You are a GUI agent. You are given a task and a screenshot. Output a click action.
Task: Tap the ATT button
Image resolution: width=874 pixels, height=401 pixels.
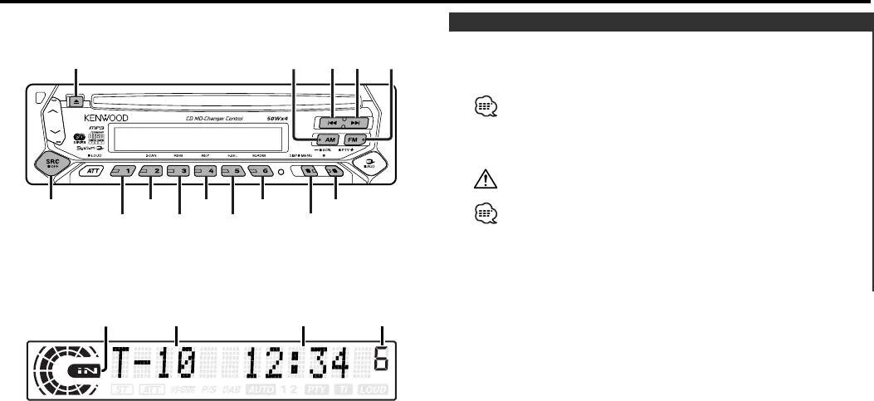[x=91, y=171]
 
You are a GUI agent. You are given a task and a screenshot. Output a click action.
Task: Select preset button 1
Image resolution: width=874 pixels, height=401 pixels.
[x=124, y=171]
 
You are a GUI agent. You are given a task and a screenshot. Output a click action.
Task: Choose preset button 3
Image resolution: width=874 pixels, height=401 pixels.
[x=178, y=171]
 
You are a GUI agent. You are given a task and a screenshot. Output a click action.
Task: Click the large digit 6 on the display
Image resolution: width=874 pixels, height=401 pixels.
[x=383, y=361]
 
